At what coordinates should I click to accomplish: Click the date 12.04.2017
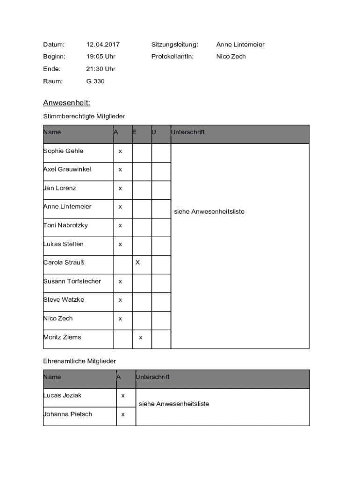103,44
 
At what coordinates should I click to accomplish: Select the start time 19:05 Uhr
101,57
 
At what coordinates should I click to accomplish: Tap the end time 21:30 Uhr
101,69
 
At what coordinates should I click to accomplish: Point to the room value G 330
95,81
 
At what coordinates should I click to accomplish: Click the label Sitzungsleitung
174,44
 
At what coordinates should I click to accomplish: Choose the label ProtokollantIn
172,57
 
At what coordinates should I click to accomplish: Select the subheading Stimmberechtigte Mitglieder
84,116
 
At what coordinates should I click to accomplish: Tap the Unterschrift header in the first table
188,132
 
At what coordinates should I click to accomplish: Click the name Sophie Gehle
63,151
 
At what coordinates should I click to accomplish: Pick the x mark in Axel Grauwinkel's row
120,170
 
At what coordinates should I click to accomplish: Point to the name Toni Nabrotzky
65,225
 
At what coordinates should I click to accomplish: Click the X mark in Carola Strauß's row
137,262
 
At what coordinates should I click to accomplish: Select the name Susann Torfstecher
72,281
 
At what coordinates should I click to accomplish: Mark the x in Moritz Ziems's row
141,338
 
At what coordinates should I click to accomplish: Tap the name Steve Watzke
64,300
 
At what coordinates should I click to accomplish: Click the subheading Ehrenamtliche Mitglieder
79,362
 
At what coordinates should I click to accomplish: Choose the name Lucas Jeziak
62,396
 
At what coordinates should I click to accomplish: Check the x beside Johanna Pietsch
123,414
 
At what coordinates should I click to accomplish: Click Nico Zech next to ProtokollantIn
231,57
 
